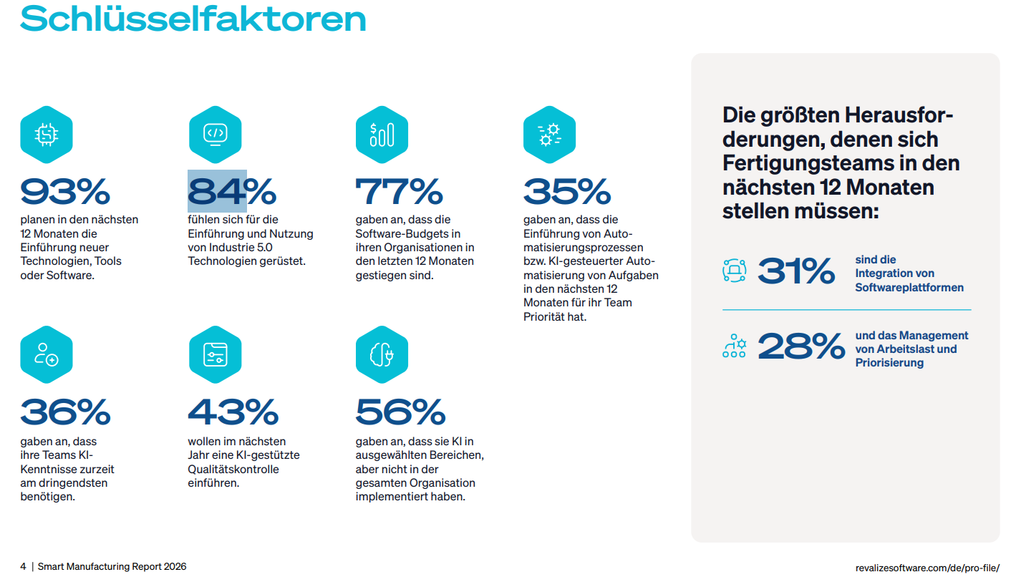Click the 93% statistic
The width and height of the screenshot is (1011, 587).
pyautogui.click(x=65, y=191)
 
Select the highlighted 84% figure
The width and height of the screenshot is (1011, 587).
pyautogui.click(x=231, y=191)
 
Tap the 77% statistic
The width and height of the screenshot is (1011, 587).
pyautogui.click(x=399, y=191)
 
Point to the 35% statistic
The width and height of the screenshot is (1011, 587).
pyautogui.click(x=566, y=191)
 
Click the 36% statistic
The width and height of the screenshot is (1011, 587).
pyautogui.click(x=65, y=412)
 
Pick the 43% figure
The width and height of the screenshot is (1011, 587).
pyautogui.click(x=233, y=412)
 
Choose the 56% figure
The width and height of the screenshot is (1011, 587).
pyautogui.click(x=400, y=412)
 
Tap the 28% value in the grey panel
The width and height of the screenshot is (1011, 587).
pyautogui.click(x=800, y=347)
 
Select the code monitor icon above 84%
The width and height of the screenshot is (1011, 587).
pyautogui.click(x=215, y=134)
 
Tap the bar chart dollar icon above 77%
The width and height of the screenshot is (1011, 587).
pyautogui.click(x=382, y=134)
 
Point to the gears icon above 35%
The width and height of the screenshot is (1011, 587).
pyautogui.click(x=549, y=134)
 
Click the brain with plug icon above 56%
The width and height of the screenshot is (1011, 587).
pyautogui.click(x=382, y=354)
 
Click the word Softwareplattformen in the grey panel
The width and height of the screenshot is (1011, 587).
pyautogui.click(x=909, y=287)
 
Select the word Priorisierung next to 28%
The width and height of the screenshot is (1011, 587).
pyautogui.click(x=889, y=363)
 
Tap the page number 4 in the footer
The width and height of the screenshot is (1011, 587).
pyautogui.click(x=23, y=566)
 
